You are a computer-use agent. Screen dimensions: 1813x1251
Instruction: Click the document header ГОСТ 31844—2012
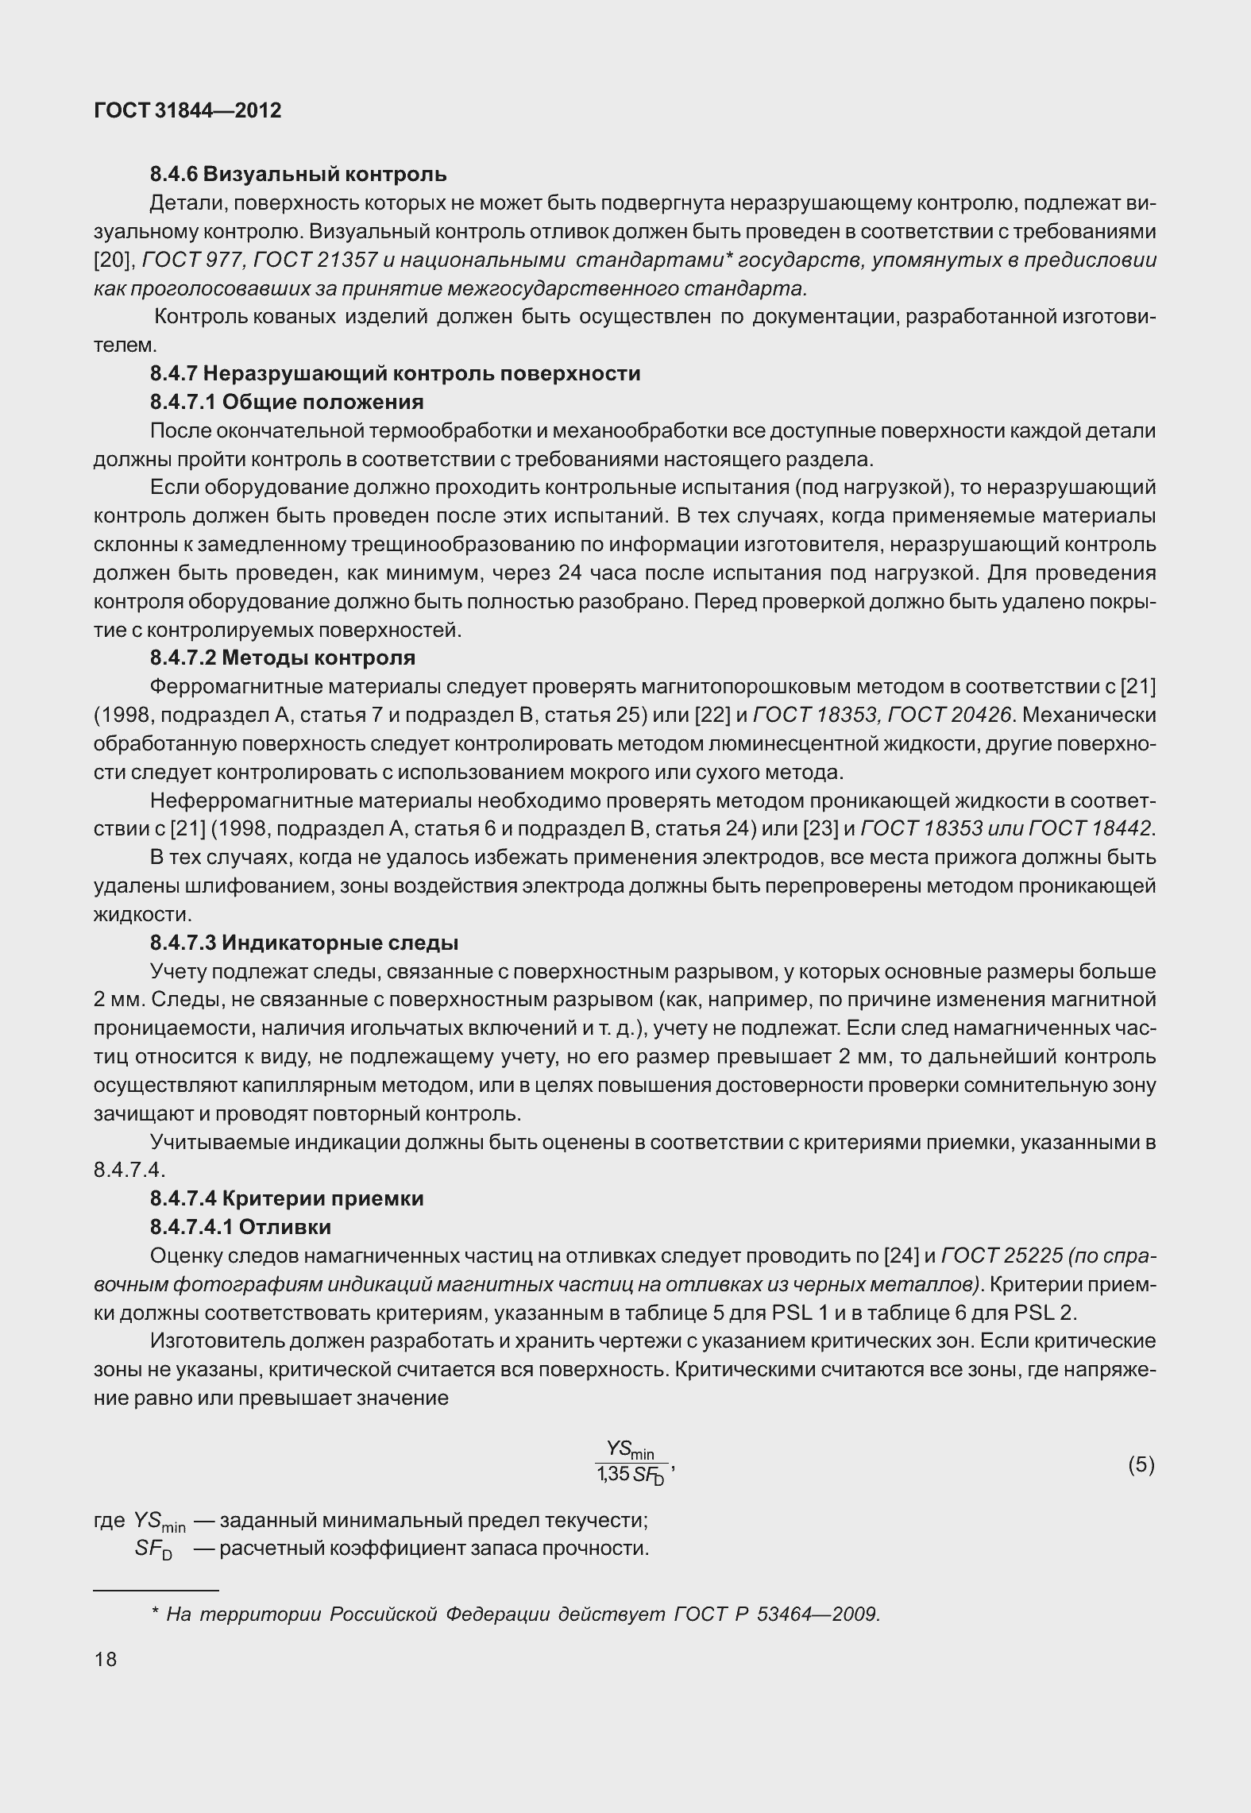[187, 110]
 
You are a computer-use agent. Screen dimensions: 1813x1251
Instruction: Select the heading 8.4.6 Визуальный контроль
[298, 174]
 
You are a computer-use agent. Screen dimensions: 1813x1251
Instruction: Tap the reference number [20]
[114, 260]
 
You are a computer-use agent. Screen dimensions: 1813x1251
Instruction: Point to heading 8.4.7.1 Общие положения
[287, 402]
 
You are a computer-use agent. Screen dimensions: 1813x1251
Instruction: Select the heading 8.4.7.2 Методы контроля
[282, 658]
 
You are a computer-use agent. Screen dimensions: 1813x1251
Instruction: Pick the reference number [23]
[819, 828]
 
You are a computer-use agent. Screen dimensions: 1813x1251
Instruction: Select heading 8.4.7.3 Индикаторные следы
[304, 943]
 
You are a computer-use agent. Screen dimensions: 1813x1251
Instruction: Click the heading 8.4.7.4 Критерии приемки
[287, 1198]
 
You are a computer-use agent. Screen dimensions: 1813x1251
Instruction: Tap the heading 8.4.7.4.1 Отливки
[241, 1227]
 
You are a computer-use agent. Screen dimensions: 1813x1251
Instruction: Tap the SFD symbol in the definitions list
[153, 1549]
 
